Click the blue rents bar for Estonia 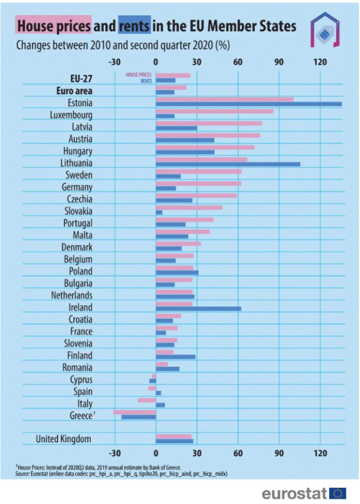[x=248, y=105]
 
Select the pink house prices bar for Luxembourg [x=214, y=111]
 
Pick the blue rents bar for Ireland [x=198, y=309]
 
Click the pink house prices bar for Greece [x=135, y=412]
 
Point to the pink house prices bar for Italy [x=146, y=400]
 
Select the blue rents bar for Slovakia [x=159, y=213]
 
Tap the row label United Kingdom [x=64, y=439]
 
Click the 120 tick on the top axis [x=321, y=61]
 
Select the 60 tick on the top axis [x=238, y=61]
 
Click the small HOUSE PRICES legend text [x=139, y=74]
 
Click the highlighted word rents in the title [x=134, y=26]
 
